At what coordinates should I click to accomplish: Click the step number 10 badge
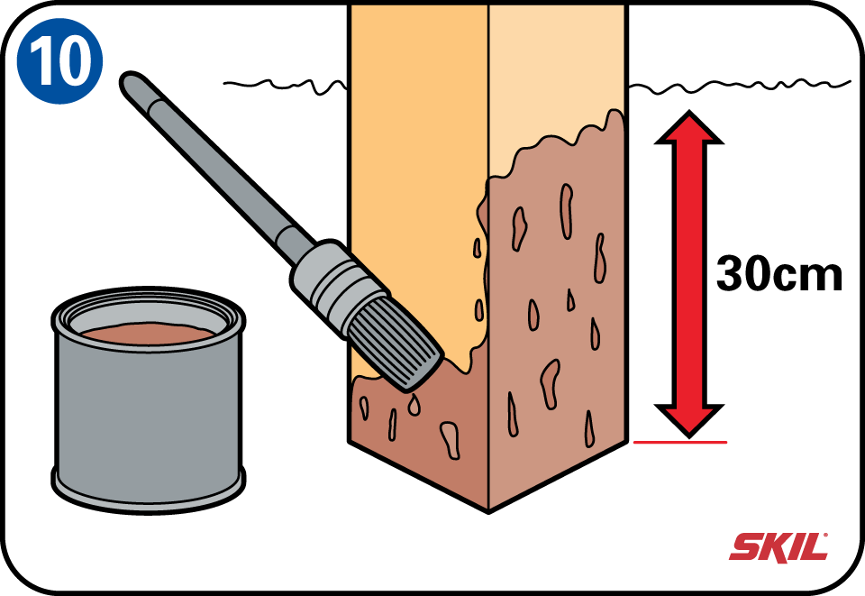[59, 60]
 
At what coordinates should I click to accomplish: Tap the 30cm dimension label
[778, 274]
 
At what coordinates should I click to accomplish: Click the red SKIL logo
[778, 547]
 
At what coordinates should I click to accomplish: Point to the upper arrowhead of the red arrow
[688, 127]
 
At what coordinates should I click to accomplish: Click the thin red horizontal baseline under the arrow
[680, 442]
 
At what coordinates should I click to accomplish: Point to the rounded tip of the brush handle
[130, 82]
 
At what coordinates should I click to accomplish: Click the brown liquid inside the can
[148, 333]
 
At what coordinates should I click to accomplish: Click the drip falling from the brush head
[414, 406]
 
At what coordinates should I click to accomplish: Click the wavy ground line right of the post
[739, 86]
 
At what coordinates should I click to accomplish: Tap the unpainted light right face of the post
[557, 72]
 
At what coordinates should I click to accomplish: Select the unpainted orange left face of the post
[419, 166]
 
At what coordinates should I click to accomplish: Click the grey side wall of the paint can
[148, 419]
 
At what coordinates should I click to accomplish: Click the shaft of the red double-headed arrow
[688, 274]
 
